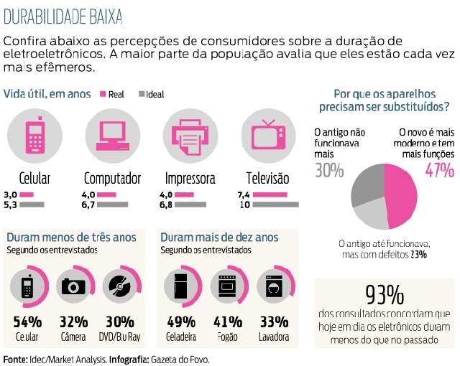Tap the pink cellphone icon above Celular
[x=33, y=136]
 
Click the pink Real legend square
[x=103, y=94]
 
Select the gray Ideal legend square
[x=142, y=94]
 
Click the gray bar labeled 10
[x=275, y=205]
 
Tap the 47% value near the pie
[x=438, y=171]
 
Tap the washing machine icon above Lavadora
[x=273, y=286]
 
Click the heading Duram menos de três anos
[x=70, y=238]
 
